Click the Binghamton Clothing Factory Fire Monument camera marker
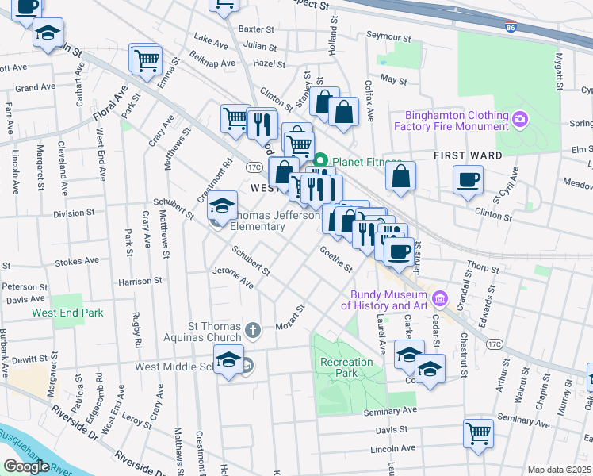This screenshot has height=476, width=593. tap(520, 120)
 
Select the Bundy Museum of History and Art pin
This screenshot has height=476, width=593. tap(442, 299)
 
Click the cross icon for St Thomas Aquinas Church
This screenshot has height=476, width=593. tap(253, 330)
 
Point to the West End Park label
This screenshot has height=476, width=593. tap(67, 313)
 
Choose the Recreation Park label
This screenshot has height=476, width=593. tap(346, 367)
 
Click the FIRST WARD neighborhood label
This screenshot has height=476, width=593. tap(468, 155)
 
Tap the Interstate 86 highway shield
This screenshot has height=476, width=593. tap(507, 26)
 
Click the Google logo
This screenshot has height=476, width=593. tap(26, 466)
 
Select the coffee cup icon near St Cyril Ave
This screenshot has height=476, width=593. tap(468, 178)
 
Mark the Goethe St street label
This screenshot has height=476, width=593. tap(335, 258)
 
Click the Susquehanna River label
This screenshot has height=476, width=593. tap(32, 445)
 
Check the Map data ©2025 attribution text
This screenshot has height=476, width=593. tap(559, 470)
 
